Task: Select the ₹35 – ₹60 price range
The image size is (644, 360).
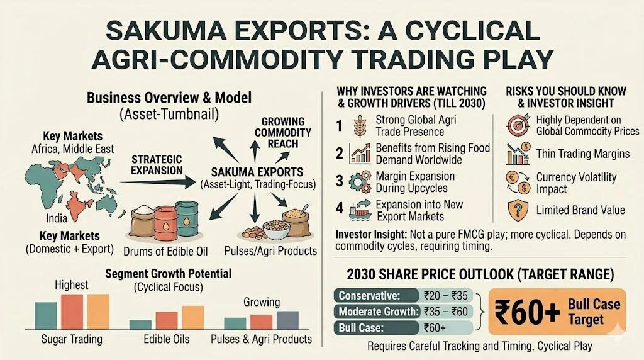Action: point(446,312)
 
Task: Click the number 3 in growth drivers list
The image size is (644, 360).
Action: point(340,181)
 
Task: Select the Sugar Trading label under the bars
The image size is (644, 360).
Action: point(71,339)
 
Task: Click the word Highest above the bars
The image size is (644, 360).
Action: point(72,285)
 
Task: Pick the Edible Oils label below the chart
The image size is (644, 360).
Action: point(167,339)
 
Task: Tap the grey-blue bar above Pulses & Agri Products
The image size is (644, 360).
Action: point(287,320)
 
